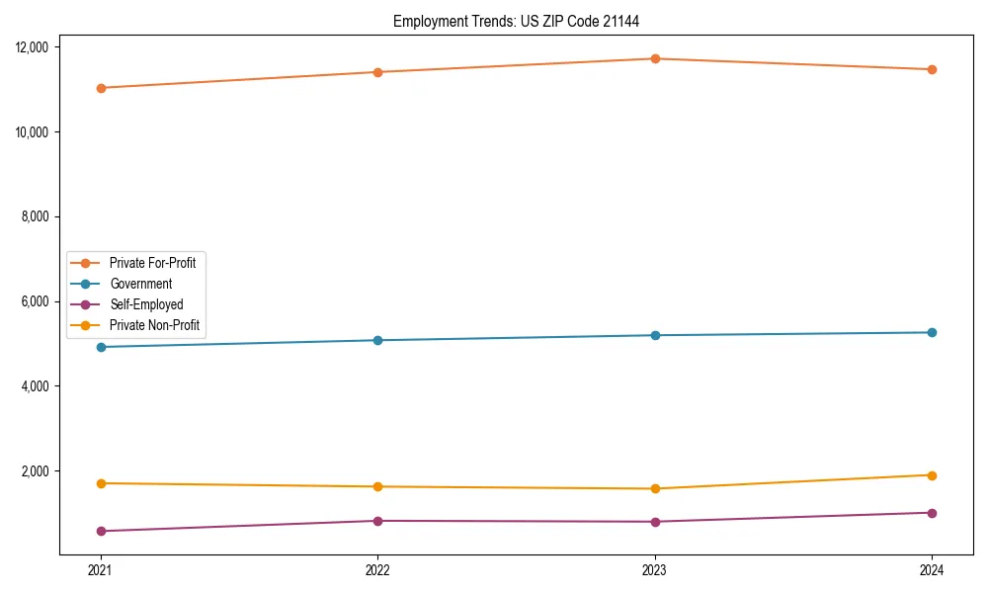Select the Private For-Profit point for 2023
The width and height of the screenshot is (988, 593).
click(655, 58)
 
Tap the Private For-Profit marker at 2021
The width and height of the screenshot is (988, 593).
click(100, 88)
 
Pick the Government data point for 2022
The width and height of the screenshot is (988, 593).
click(377, 340)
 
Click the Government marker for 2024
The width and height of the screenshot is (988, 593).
click(932, 332)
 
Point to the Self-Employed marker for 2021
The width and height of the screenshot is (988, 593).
click(100, 531)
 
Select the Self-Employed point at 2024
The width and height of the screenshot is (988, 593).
click(932, 513)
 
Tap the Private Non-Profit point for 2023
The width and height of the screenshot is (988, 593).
click(655, 488)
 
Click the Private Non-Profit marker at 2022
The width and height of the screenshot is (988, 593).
click(377, 486)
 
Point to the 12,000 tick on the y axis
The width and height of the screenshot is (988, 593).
click(39, 47)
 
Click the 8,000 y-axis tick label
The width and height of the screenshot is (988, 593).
click(41, 216)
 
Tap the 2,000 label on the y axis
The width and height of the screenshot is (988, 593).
click(41, 470)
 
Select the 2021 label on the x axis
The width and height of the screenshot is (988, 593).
click(100, 570)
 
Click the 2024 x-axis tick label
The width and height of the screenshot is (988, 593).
click(932, 570)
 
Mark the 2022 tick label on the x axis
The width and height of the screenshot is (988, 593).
click(377, 570)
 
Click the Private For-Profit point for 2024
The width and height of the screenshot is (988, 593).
click(932, 69)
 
